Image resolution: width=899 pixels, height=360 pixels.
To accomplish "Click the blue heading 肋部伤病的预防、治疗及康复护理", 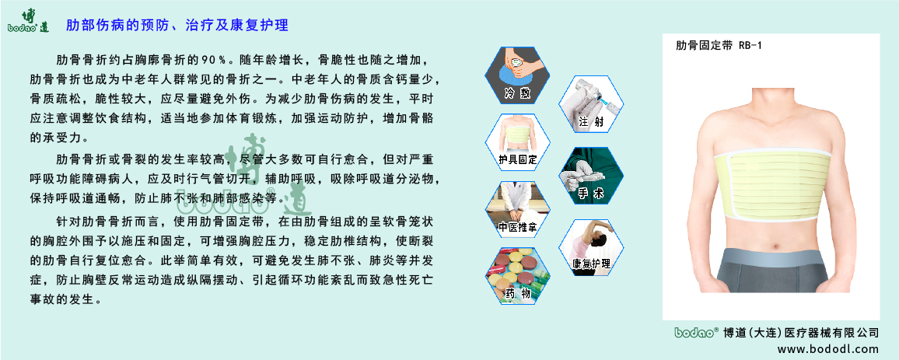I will (177, 26).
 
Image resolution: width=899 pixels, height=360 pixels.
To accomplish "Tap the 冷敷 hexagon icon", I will (516, 75).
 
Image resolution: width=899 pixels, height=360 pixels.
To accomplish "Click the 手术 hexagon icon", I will (590, 176).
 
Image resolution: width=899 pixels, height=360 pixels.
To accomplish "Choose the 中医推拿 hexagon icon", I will (517, 210).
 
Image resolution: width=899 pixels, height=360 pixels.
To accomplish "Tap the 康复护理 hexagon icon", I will (590, 246).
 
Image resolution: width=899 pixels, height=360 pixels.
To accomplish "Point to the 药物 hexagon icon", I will (517, 276).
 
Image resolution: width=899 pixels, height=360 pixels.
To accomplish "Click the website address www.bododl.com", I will (827, 348).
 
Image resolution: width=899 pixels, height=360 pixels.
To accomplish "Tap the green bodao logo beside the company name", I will (694, 331).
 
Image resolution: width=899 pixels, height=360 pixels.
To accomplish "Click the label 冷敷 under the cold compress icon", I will (516, 93).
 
